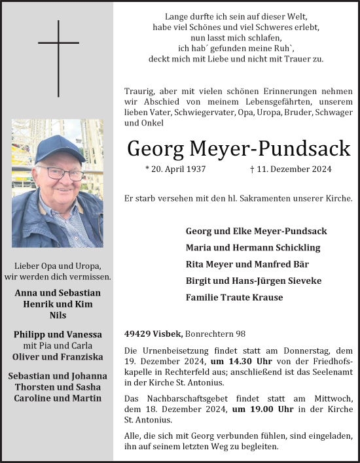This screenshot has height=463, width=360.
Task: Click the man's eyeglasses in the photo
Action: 61,174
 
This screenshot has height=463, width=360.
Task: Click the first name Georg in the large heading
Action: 155,148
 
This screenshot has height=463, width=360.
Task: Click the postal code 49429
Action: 137,334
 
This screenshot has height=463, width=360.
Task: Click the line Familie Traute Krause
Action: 234,298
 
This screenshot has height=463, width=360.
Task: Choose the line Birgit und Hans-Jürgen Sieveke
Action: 254,281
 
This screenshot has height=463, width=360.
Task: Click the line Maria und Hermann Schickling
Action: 253,248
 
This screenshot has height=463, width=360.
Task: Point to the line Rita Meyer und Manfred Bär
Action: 247,264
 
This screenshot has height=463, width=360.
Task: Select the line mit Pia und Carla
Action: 58,345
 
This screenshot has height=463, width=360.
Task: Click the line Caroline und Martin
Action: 58,398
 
